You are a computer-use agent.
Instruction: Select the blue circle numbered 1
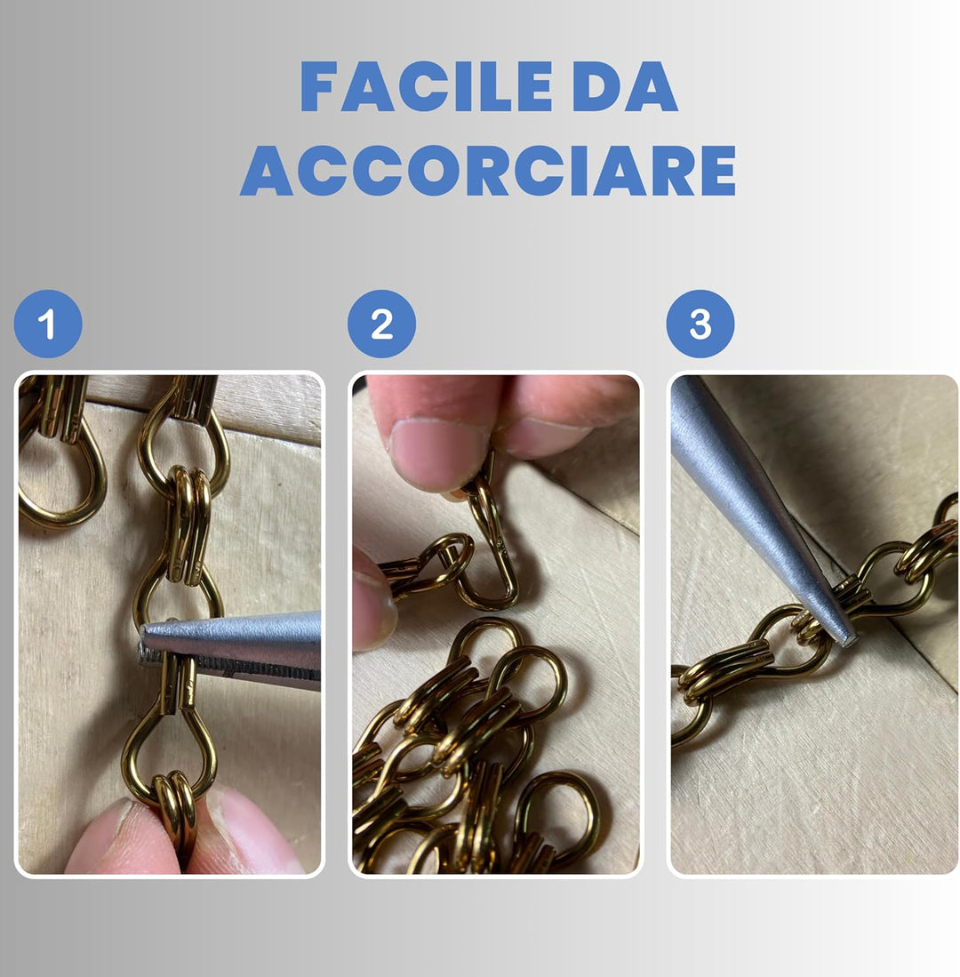48,324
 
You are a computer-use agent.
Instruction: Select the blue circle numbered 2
381,324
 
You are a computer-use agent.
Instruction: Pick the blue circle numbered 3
700,324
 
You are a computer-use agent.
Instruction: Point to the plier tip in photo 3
843,633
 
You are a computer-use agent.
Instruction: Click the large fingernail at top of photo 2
428,455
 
